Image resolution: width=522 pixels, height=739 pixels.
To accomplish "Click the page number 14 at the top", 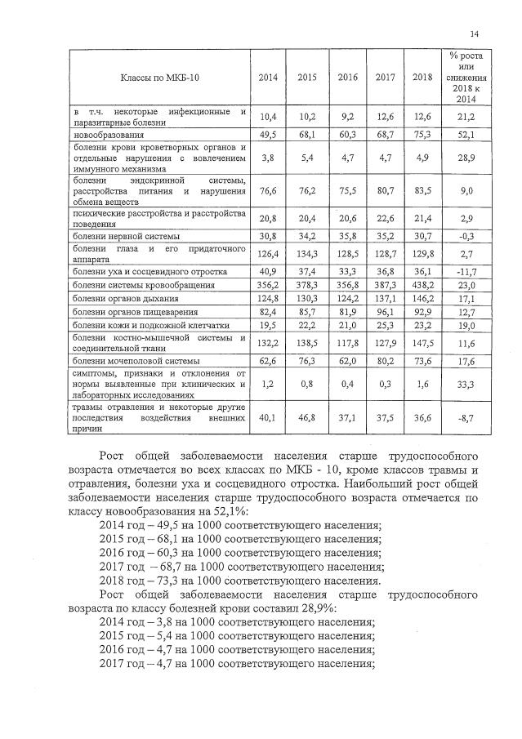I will pyautogui.click(x=475, y=33).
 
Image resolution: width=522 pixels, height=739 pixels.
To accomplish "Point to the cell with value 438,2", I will pyautogui.click(x=422, y=286).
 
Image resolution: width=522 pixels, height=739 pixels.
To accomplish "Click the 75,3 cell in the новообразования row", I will pyautogui.click(x=422, y=132).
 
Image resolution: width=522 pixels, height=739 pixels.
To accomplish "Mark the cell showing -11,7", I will pyautogui.click(x=465, y=271).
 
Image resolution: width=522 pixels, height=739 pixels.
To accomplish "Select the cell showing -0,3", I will pyautogui.click(x=465, y=236).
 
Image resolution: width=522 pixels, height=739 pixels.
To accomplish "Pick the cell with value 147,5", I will pyautogui.click(x=422, y=343).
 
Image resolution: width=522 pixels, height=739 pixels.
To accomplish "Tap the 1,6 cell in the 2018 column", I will pyautogui.click(x=422, y=381).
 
